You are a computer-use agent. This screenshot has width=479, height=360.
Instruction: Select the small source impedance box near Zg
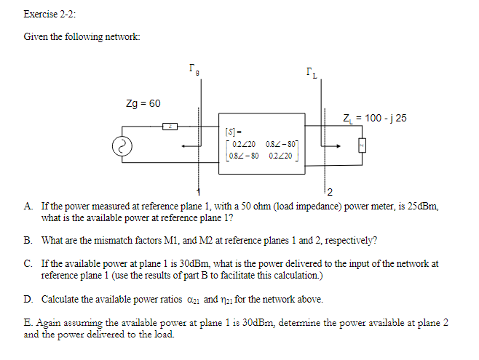pos(170,127)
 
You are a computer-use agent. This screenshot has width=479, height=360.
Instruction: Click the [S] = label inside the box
pos(235,132)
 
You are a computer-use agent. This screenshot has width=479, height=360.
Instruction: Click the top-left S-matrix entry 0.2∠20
pos(242,145)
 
